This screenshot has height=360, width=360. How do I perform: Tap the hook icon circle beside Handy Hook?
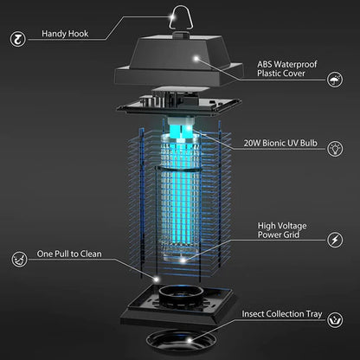click(x=17, y=36)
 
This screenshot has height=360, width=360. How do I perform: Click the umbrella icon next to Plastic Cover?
click(x=334, y=80)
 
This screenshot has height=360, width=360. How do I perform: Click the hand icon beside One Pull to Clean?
click(x=17, y=257)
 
